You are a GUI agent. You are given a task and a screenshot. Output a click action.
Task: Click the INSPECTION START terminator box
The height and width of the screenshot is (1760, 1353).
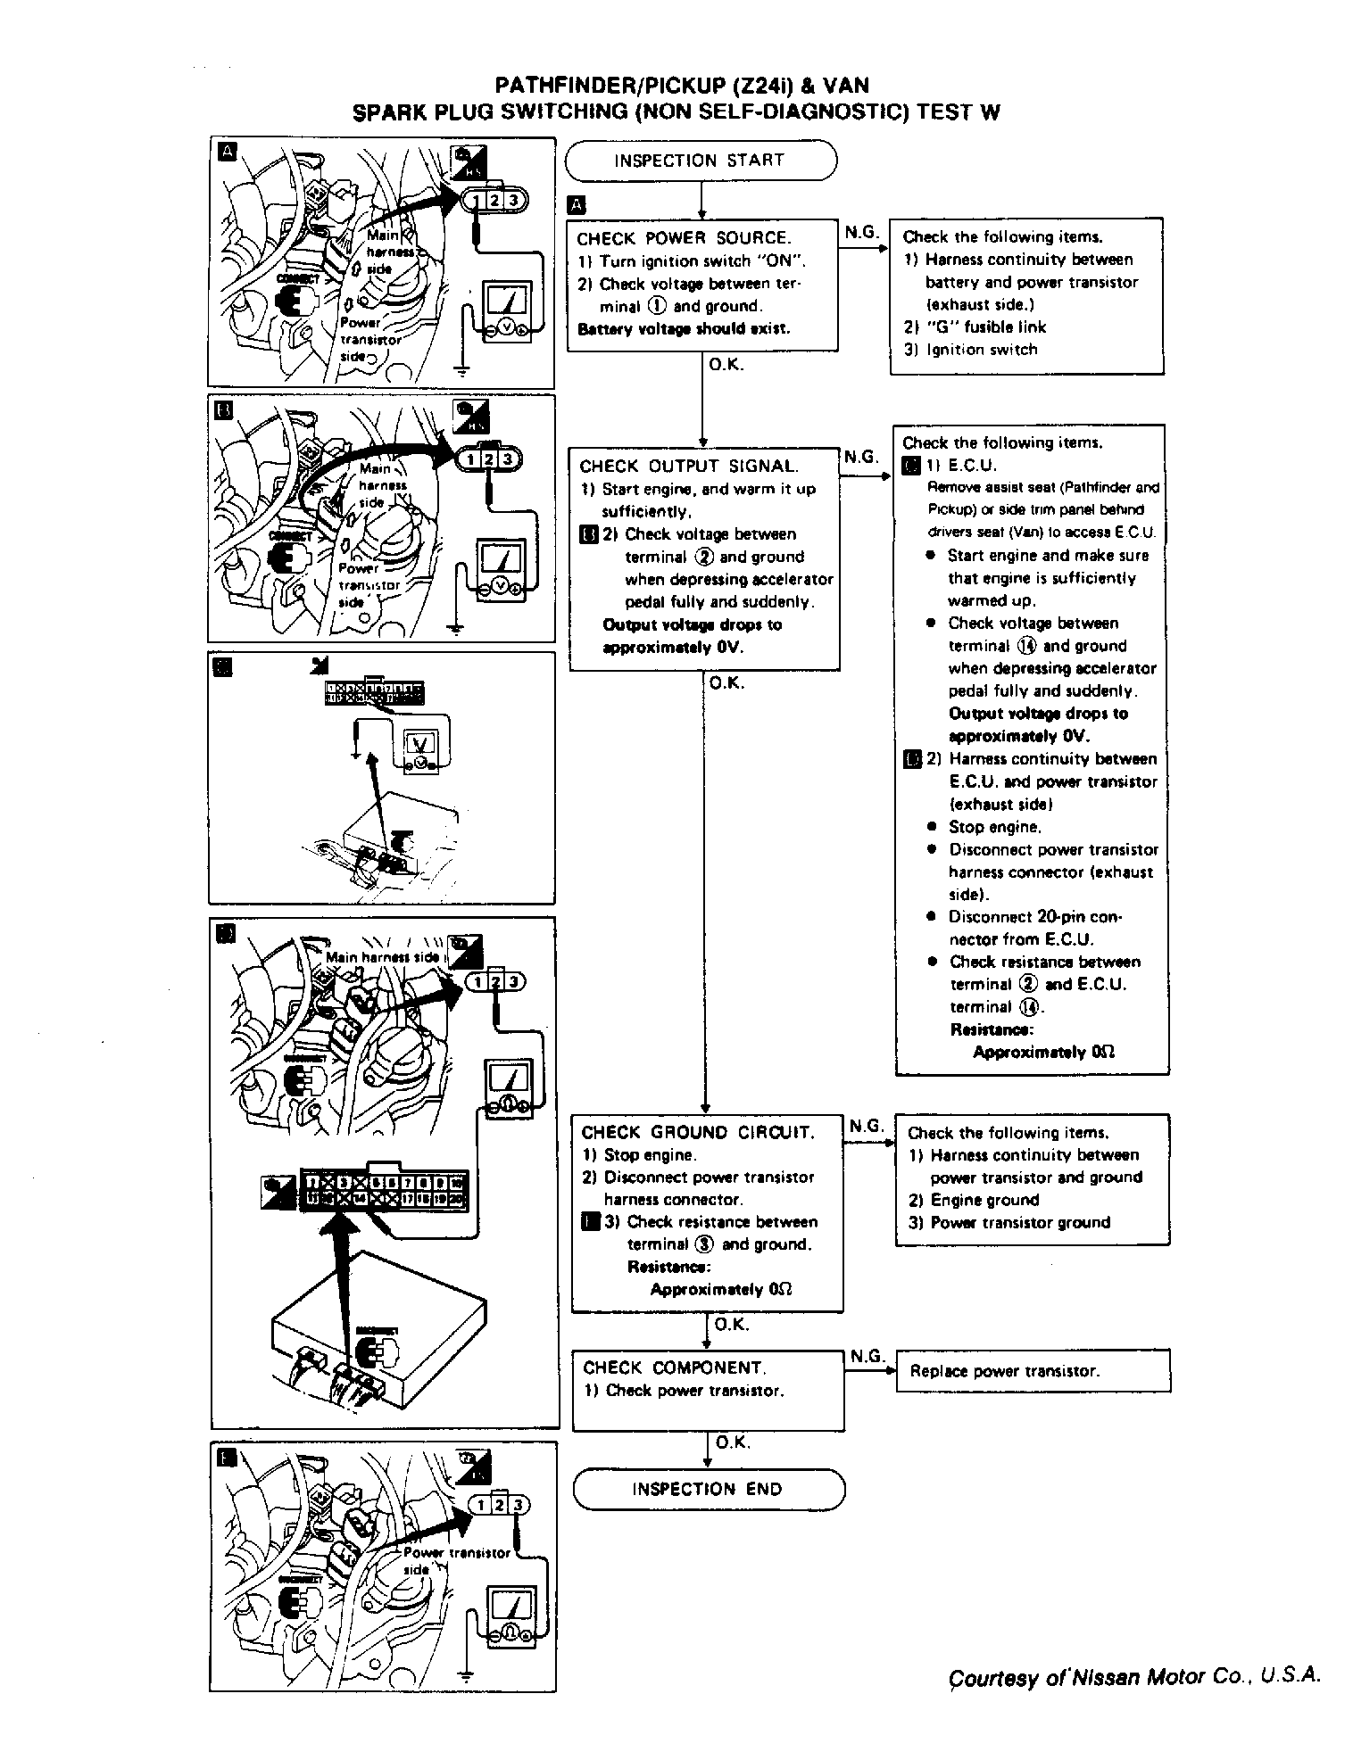(x=701, y=161)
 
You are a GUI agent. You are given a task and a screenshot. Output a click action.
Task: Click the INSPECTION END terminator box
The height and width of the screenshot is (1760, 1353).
(x=707, y=1489)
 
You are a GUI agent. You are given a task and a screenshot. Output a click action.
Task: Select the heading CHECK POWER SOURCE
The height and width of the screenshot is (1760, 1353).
(x=684, y=238)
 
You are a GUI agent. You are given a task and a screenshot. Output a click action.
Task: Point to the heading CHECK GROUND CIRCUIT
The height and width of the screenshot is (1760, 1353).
(x=698, y=1133)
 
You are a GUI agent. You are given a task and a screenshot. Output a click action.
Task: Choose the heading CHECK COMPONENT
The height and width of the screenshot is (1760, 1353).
(x=674, y=1368)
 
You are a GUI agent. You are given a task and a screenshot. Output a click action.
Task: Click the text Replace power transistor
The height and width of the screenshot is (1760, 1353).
(x=1004, y=1371)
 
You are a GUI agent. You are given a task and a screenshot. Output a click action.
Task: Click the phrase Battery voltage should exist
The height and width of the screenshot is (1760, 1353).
(x=684, y=329)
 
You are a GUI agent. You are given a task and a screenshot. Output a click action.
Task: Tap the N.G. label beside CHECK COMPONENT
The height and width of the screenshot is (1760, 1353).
(x=866, y=1356)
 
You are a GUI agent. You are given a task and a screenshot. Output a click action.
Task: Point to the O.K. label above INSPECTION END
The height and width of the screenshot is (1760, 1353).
(x=732, y=1442)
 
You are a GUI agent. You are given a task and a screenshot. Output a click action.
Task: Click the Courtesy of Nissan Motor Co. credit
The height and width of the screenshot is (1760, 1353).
(x=1133, y=1676)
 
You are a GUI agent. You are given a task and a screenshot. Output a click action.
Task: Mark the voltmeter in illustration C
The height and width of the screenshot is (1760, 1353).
(x=419, y=749)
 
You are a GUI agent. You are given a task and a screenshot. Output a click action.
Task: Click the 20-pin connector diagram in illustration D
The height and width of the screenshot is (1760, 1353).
(x=383, y=1191)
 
